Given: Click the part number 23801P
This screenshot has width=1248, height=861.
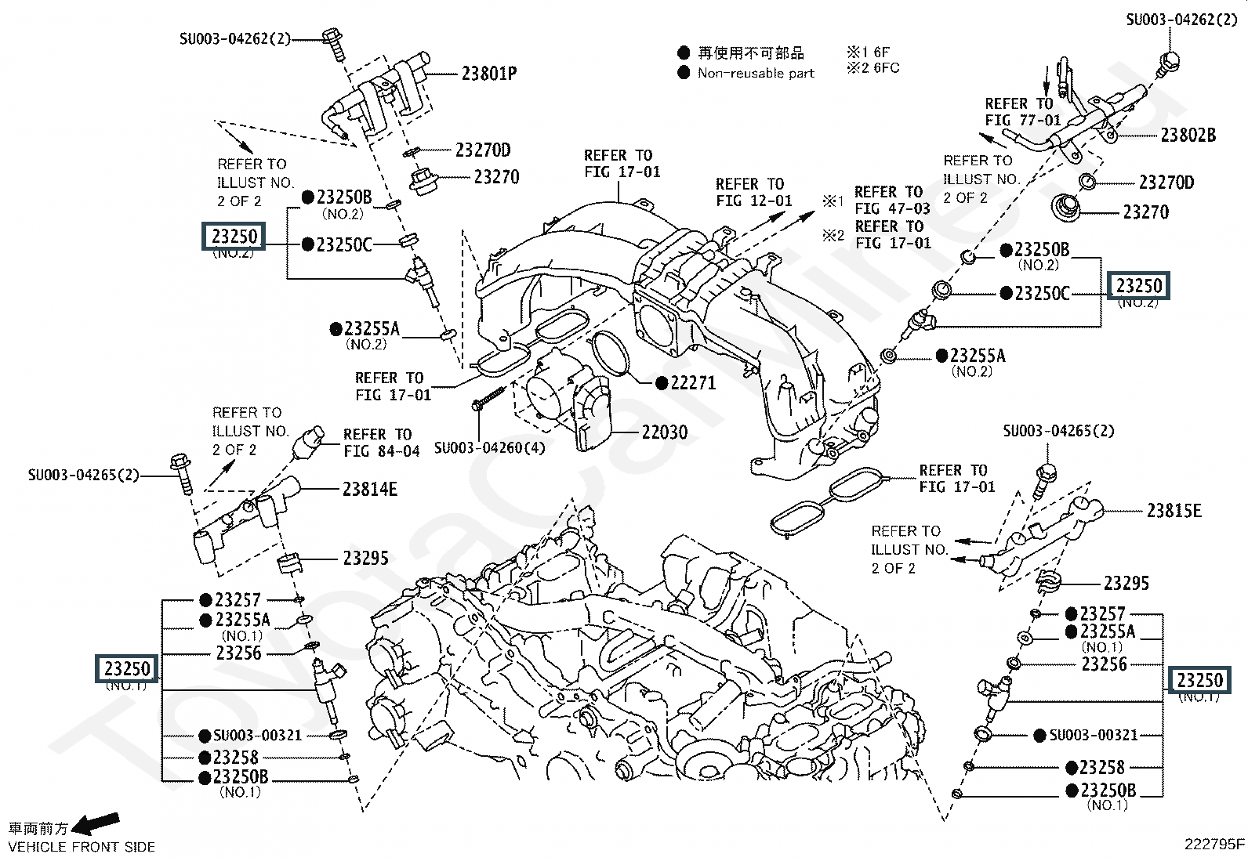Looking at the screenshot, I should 488,74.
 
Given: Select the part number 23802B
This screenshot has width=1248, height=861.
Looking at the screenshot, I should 1188,136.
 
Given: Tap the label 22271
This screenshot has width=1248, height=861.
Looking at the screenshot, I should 693,383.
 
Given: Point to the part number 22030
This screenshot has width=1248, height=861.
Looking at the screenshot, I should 664,432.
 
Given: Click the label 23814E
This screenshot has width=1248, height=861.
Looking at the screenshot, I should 369,490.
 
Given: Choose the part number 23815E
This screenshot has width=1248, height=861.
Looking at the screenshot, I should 1174,511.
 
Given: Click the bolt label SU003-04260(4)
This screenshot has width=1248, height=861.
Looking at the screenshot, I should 489,448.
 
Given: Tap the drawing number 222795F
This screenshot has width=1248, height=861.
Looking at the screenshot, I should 1214,844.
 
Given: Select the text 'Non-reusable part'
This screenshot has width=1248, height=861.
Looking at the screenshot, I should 756,73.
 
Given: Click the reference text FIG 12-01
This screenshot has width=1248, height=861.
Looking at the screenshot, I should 753,201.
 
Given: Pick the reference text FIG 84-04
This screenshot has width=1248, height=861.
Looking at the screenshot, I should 382,451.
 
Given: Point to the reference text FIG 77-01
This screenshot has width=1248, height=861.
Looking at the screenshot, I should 1022,121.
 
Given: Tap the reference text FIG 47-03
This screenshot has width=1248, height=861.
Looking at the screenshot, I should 892,209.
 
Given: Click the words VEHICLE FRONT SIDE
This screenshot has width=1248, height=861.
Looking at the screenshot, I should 82,847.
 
